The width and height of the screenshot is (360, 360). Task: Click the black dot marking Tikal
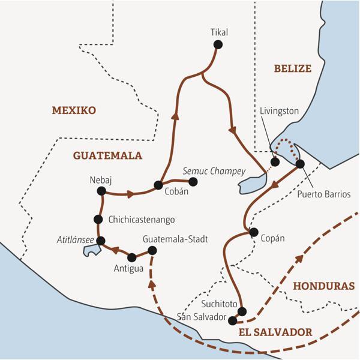tap(218, 44)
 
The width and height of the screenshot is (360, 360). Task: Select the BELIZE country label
tap(293, 68)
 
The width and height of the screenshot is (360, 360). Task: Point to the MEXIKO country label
tap(74, 110)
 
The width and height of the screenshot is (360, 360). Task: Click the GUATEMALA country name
tap(107, 155)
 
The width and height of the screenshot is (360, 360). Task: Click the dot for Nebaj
tap(101, 191)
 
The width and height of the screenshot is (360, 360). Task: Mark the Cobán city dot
tap(158, 185)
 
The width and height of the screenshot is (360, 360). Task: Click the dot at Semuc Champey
tap(193, 181)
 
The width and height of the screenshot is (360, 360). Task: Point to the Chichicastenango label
tap(142, 220)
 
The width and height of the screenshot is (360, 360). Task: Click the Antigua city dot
tap(131, 257)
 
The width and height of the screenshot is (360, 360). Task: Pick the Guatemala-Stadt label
tap(175, 239)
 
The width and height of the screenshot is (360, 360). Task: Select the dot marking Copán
tap(254, 232)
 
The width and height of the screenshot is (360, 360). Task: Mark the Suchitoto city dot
tap(242, 311)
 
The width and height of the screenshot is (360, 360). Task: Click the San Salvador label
tap(202, 317)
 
